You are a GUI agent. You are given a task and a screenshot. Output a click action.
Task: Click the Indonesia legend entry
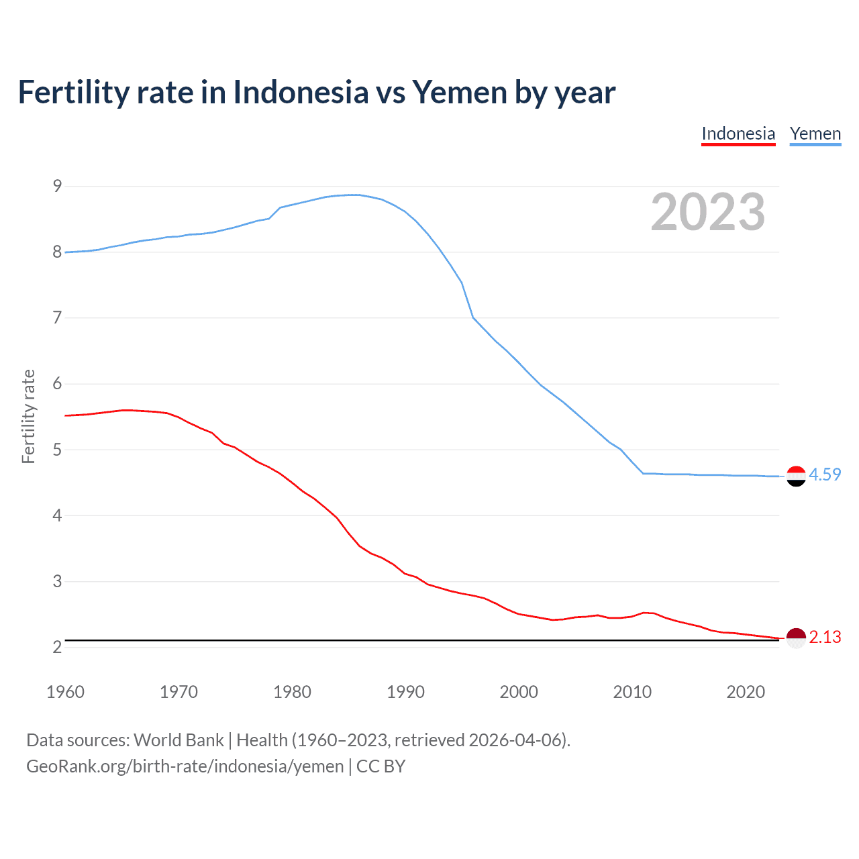pyautogui.click(x=738, y=134)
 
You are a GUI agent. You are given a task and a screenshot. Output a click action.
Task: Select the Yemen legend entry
pyautogui.click(x=815, y=134)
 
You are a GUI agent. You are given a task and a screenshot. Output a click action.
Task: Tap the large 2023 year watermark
pyautogui.click(x=708, y=212)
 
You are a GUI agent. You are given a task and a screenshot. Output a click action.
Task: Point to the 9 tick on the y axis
pyautogui.click(x=57, y=186)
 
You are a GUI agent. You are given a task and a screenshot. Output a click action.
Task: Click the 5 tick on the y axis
pyautogui.click(x=57, y=450)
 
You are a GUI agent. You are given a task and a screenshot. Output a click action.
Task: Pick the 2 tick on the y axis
pyautogui.click(x=57, y=647)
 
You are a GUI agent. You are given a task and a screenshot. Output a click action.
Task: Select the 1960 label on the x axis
pyautogui.click(x=65, y=692)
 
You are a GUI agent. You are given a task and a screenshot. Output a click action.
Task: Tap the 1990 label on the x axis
pyautogui.click(x=405, y=692)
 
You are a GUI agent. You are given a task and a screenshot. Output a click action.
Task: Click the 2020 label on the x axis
pyautogui.click(x=746, y=692)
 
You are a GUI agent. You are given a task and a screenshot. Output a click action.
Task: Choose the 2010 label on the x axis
pyautogui.click(x=632, y=692)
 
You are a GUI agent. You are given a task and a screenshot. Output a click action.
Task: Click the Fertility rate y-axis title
pyautogui.click(x=28, y=416)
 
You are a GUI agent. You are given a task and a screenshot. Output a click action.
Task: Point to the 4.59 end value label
pyautogui.click(x=825, y=474)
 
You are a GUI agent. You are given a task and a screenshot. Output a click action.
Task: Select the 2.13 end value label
pyautogui.click(x=825, y=637)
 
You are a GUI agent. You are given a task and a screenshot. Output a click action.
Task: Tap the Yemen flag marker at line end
pyautogui.click(x=796, y=476)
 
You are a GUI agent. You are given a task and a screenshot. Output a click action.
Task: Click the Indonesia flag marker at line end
pyautogui.click(x=796, y=638)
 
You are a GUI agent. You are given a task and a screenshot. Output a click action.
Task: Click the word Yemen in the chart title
pyautogui.click(x=460, y=92)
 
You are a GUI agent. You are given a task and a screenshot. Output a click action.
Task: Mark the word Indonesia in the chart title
pyautogui.click(x=301, y=92)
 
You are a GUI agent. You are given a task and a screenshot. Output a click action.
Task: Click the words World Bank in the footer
pyautogui.click(x=179, y=740)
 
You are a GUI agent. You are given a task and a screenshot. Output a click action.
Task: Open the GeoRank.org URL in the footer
pyautogui.click(x=185, y=766)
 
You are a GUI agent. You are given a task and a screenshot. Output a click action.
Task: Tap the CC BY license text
pyautogui.click(x=381, y=766)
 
